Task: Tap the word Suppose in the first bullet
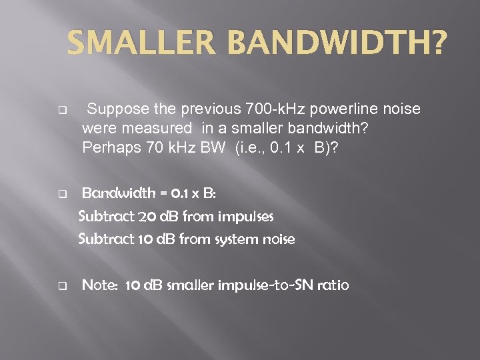[113, 109]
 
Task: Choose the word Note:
[101, 285]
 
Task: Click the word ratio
[332, 285]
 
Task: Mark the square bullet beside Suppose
[62, 109]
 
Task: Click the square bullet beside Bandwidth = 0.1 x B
[62, 195]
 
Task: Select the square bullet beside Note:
[62, 287]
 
